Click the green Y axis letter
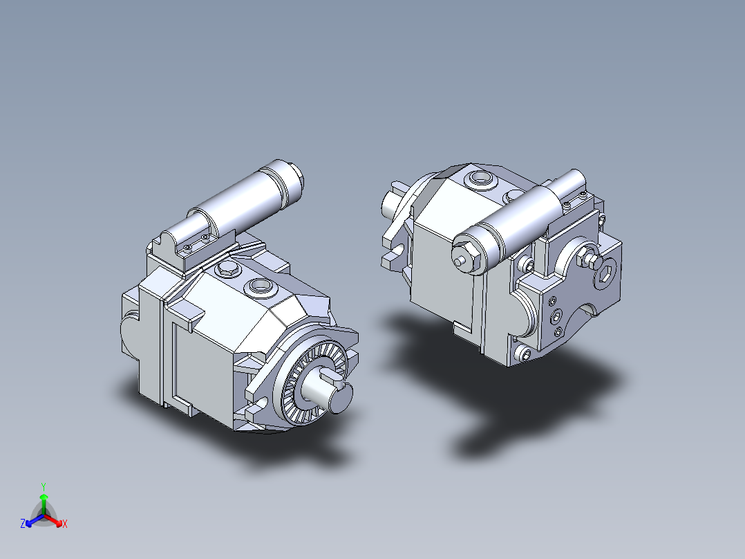[44, 486]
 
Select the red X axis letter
[65, 524]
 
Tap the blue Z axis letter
[23, 524]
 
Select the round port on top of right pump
[478, 180]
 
